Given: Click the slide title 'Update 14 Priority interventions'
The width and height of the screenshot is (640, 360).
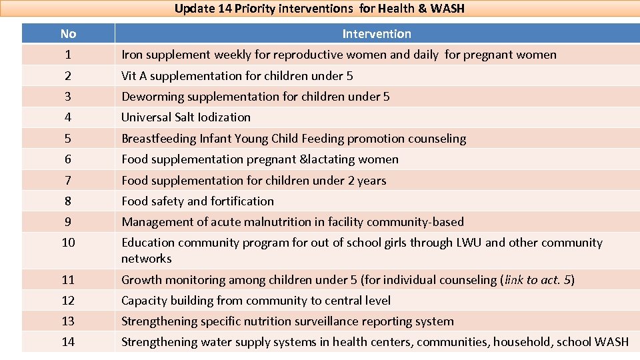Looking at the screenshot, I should pos(319,9).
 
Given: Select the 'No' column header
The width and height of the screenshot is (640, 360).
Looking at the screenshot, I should pos(68,34).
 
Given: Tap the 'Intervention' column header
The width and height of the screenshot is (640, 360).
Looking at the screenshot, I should pos(377,34).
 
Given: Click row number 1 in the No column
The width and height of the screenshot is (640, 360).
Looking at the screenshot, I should pos(68,55).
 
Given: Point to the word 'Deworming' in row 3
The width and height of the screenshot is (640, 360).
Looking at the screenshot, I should pos(150,97).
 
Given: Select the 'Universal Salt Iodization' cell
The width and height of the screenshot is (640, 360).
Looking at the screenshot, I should pos(186,117).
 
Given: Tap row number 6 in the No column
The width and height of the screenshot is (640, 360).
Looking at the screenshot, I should pos(68,159).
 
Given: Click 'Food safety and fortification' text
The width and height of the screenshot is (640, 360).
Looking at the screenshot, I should pos(197,201).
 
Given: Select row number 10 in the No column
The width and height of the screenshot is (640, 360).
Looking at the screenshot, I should pos(68,243).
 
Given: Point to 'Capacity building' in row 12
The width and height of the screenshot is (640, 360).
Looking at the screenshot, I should pos(165,301).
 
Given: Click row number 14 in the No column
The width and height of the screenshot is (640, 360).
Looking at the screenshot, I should pos(68,342).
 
